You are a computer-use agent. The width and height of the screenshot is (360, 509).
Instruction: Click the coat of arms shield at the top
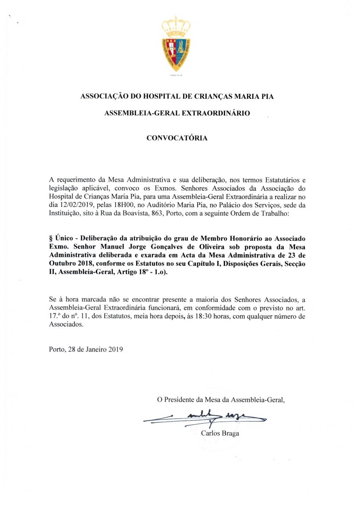(176, 53)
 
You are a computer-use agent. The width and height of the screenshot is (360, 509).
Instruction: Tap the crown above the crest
(176, 26)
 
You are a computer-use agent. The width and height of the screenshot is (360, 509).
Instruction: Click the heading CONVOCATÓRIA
(177, 138)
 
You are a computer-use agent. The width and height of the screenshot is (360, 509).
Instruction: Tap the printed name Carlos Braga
(220, 433)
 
